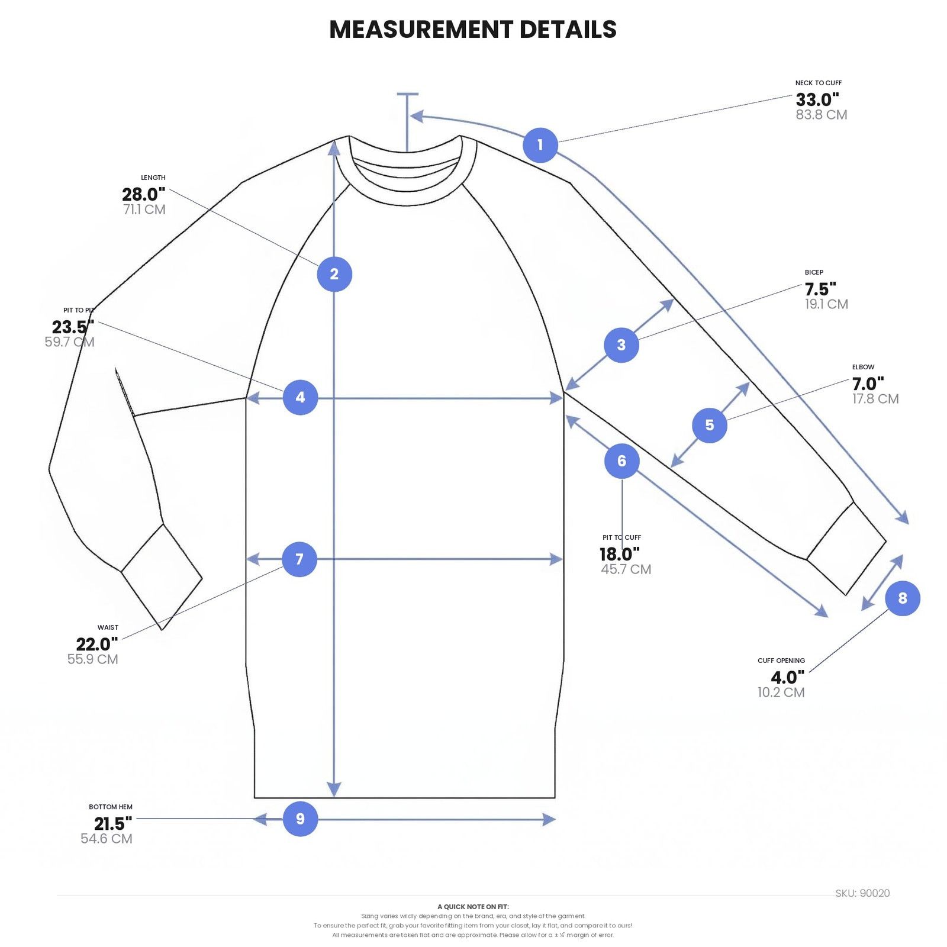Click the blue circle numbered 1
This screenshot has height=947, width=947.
tap(540, 145)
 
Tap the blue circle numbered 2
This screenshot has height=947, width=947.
tap(334, 274)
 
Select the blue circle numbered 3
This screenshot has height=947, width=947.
tap(621, 344)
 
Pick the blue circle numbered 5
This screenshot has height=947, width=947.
tap(710, 425)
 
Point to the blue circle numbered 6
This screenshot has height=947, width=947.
tap(621, 461)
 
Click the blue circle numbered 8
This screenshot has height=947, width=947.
tap(903, 598)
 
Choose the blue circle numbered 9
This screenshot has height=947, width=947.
tap(300, 819)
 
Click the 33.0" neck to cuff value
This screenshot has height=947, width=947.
tap(817, 99)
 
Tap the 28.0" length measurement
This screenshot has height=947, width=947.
tap(144, 194)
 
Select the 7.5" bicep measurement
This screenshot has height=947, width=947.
tap(820, 289)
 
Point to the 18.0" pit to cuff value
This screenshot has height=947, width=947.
tap(620, 554)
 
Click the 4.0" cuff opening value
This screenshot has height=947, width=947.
tap(788, 677)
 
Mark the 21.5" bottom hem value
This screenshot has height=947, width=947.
tap(113, 823)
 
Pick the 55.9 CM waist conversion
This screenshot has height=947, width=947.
tap(93, 659)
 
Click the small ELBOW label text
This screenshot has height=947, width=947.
tap(863, 367)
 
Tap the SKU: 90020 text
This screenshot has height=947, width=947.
tap(862, 893)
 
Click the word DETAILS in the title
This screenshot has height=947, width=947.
tap(568, 29)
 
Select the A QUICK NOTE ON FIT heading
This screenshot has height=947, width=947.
tap(473, 907)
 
